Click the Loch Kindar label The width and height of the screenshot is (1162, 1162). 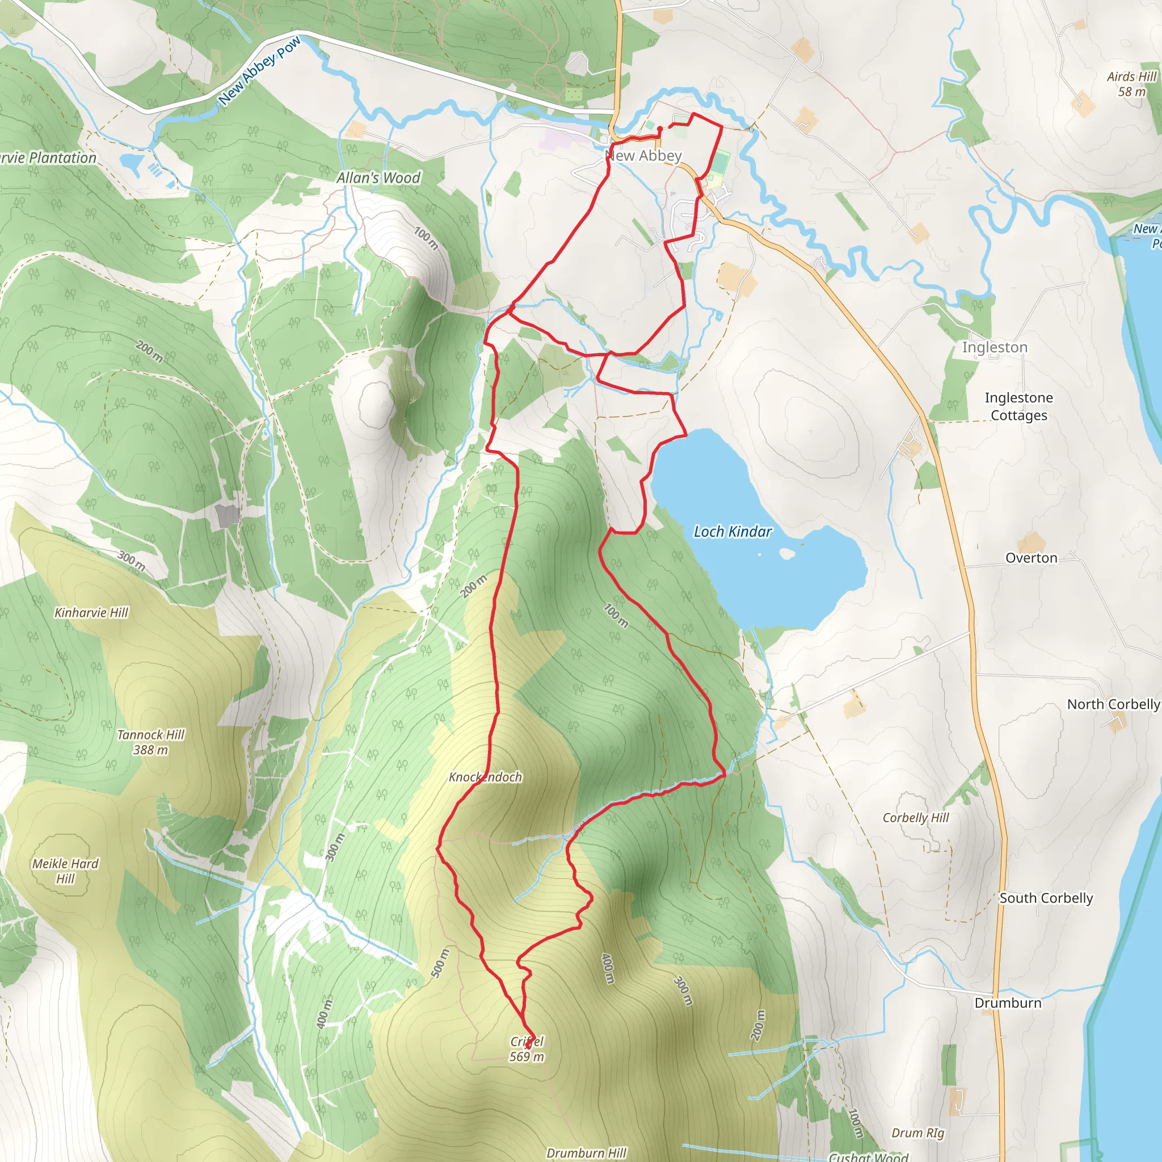click(732, 532)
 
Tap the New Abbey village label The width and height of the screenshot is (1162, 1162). click(643, 156)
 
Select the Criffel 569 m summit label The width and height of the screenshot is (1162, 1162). click(527, 1049)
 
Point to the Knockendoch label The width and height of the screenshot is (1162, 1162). click(485, 777)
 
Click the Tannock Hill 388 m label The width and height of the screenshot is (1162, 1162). click(150, 742)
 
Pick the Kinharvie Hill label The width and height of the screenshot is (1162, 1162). click(91, 612)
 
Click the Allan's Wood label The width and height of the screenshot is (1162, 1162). click(378, 178)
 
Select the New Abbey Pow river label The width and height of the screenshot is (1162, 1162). click(259, 70)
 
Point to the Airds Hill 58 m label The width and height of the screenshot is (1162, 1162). click(1131, 84)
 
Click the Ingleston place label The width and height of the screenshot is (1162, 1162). click(995, 348)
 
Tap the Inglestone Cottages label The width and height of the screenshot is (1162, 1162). click(1019, 407)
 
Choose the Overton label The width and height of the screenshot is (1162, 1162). click(1032, 558)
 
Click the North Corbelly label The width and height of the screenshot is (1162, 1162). click(1113, 704)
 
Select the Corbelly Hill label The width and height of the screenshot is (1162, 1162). click(915, 818)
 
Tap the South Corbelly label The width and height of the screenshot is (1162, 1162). click(1046, 898)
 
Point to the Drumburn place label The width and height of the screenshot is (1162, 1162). click(1008, 1003)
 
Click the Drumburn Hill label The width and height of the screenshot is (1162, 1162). click(587, 1153)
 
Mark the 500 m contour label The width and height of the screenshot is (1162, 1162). click(440, 963)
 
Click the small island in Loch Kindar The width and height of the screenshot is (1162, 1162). click(786, 553)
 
